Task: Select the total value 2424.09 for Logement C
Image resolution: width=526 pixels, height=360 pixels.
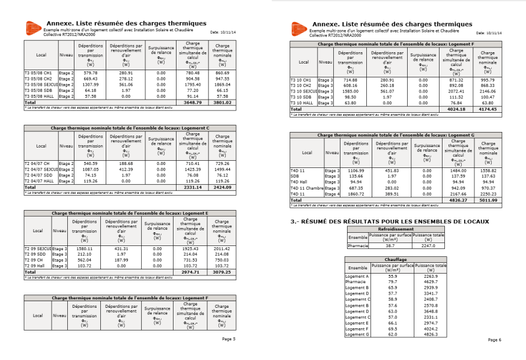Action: pos(222,188)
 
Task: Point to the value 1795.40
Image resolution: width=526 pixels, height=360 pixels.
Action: pos(192,84)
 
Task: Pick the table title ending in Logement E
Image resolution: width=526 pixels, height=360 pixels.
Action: pos(130,213)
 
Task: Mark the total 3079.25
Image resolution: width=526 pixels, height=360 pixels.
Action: pos(222,271)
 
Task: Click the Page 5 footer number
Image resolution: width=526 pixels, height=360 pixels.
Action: pos(229,340)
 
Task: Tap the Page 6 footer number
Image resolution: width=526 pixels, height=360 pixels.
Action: pos(494,340)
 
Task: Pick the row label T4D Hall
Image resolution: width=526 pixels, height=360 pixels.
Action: pos(299,181)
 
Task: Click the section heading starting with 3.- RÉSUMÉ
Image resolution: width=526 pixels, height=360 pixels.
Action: pos(390,221)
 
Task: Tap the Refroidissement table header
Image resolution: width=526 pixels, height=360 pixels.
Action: pos(396,229)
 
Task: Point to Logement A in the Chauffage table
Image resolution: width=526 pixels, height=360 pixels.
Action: pos(357,276)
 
